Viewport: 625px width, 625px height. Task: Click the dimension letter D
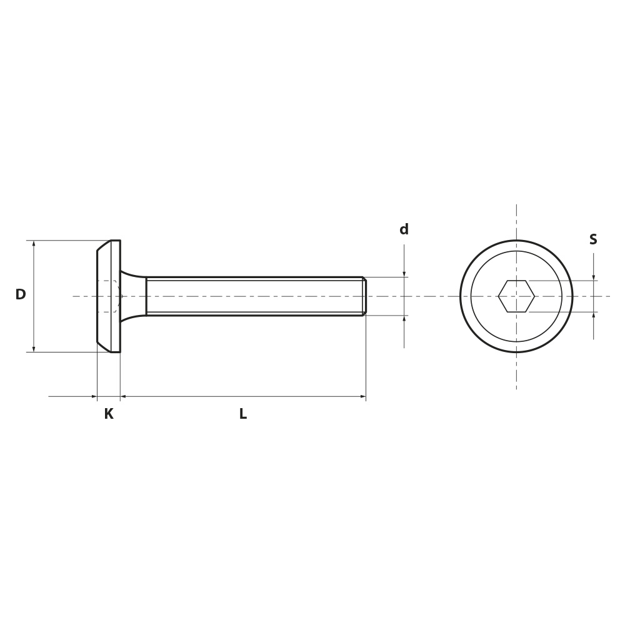tap(21, 294)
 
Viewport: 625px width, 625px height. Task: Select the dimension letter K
tap(108, 414)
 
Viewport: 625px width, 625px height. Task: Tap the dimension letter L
tap(243, 414)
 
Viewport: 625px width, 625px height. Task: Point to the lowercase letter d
tap(404, 229)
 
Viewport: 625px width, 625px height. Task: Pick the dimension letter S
tap(593, 239)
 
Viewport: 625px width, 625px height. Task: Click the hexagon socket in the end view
tap(516, 296)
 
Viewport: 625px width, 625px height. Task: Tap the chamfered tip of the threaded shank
tap(364, 296)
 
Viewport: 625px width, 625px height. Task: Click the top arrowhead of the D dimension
tap(34, 244)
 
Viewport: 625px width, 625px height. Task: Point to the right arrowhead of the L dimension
tap(362, 397)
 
